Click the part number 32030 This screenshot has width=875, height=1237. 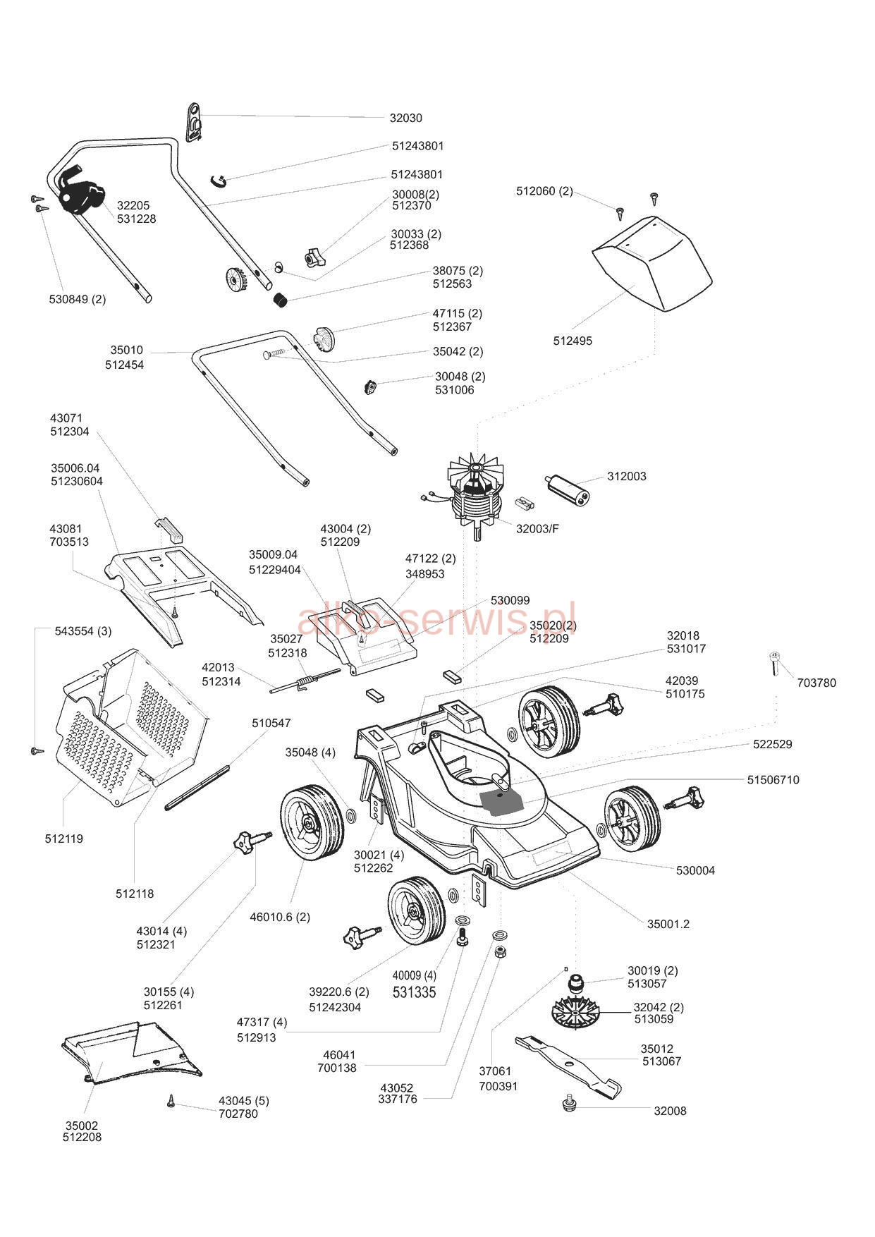405,118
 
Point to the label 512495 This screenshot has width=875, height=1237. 573,341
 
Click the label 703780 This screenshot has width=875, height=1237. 816,683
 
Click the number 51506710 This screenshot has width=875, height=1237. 773,780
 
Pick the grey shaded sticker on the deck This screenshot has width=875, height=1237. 501,802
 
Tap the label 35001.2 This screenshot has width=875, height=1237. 668,924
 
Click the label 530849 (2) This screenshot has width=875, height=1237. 78,299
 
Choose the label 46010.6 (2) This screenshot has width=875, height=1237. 280,918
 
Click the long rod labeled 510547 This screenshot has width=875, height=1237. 197,787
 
